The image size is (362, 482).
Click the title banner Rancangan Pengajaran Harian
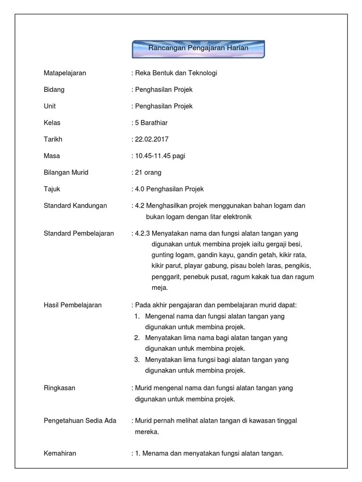click(198, 48)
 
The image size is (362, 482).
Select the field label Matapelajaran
click(65, 73)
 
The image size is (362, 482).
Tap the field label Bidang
click(54, 89)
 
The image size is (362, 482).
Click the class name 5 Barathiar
click(151, 123)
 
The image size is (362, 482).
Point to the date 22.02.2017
click(152, 139)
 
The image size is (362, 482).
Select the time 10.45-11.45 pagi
click(160, 156)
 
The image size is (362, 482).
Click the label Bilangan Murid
click(66, 172)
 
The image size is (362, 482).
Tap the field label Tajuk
click(52, 189)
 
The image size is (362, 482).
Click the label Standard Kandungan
click(75, 206)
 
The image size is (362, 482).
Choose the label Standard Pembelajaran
click(79, 233)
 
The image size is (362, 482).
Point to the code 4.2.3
click(143, 233)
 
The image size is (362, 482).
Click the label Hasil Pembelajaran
click(73, 305)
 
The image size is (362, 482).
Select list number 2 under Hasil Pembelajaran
click(137, 337)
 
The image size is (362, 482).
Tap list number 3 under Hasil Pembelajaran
click(137, 360)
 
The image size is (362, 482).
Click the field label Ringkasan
click(59, 388)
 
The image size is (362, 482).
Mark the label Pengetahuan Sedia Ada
click(80, 420)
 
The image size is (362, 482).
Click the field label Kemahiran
click(60, 453)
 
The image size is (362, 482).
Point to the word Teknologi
click(203, 73)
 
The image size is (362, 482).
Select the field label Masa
click(52, 156)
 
